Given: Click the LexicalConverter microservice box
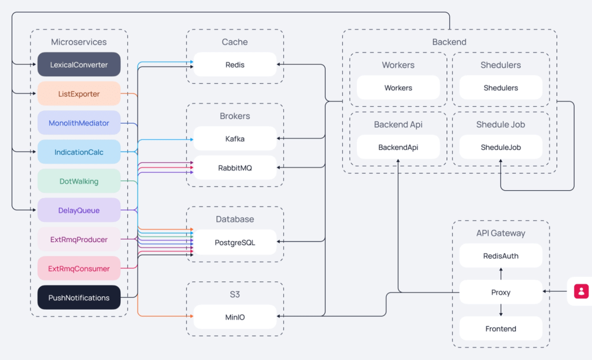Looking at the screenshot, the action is coord(79,65).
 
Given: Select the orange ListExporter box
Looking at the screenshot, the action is coord(79,94).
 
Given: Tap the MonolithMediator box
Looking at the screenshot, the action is coord(79,123).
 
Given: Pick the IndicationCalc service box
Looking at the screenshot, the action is coord(79,152).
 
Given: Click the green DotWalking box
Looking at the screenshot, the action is coord(79,181).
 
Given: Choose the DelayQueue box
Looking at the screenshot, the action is coord(79,210).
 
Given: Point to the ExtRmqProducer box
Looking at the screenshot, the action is coord(79,239).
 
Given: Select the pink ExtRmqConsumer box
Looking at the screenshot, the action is coord(79,268).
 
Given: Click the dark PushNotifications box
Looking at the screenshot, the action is coord(79,298).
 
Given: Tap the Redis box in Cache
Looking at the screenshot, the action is coord(235,65).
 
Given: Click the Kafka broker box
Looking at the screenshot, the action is coord(235,139).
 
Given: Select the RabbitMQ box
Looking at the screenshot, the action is coord(235,168).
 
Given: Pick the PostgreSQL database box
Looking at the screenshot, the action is coord(235,242).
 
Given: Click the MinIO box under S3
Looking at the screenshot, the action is coord(235,317).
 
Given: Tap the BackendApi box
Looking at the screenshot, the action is coord(398,147).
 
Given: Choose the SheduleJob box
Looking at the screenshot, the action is coord(501,147).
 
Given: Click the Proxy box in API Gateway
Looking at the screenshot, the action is coord(501,292).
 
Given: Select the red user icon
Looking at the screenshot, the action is coord(582,291).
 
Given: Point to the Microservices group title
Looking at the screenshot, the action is coord(79,42).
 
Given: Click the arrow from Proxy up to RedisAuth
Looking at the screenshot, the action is coord(501,273).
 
